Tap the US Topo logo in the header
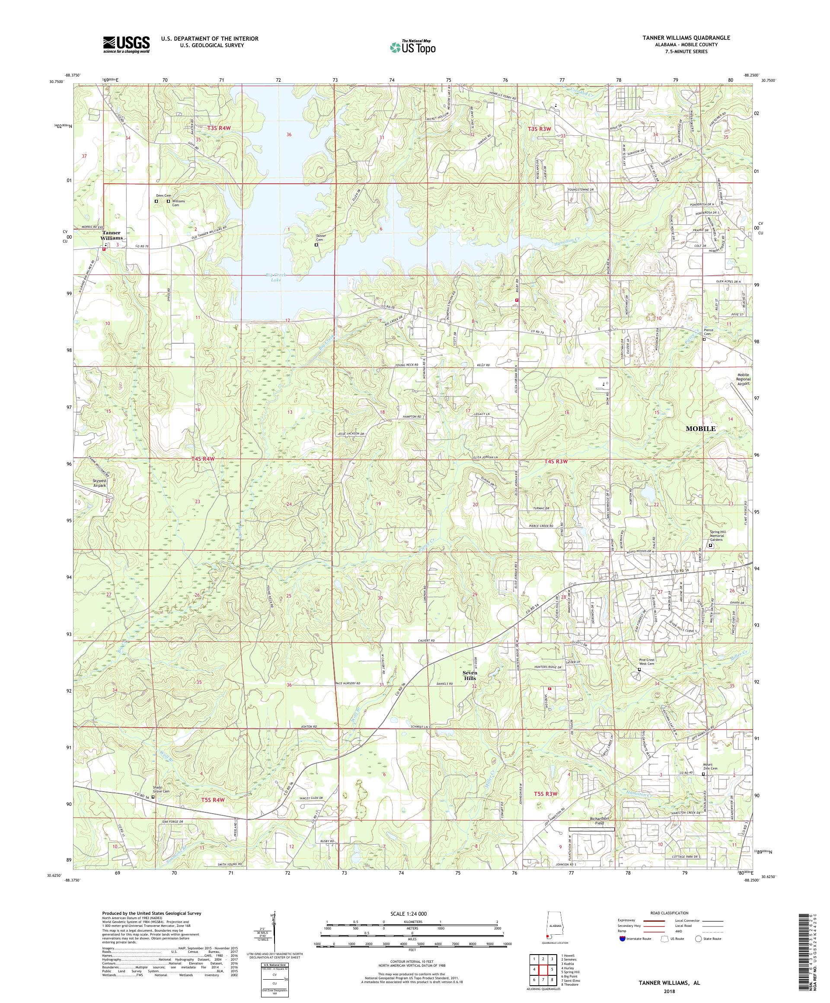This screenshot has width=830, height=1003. coord(413,46)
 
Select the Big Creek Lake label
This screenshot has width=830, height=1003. coord(274,278)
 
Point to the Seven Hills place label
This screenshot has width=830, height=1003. coord(469,675)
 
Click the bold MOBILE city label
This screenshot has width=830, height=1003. coord(700,428)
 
